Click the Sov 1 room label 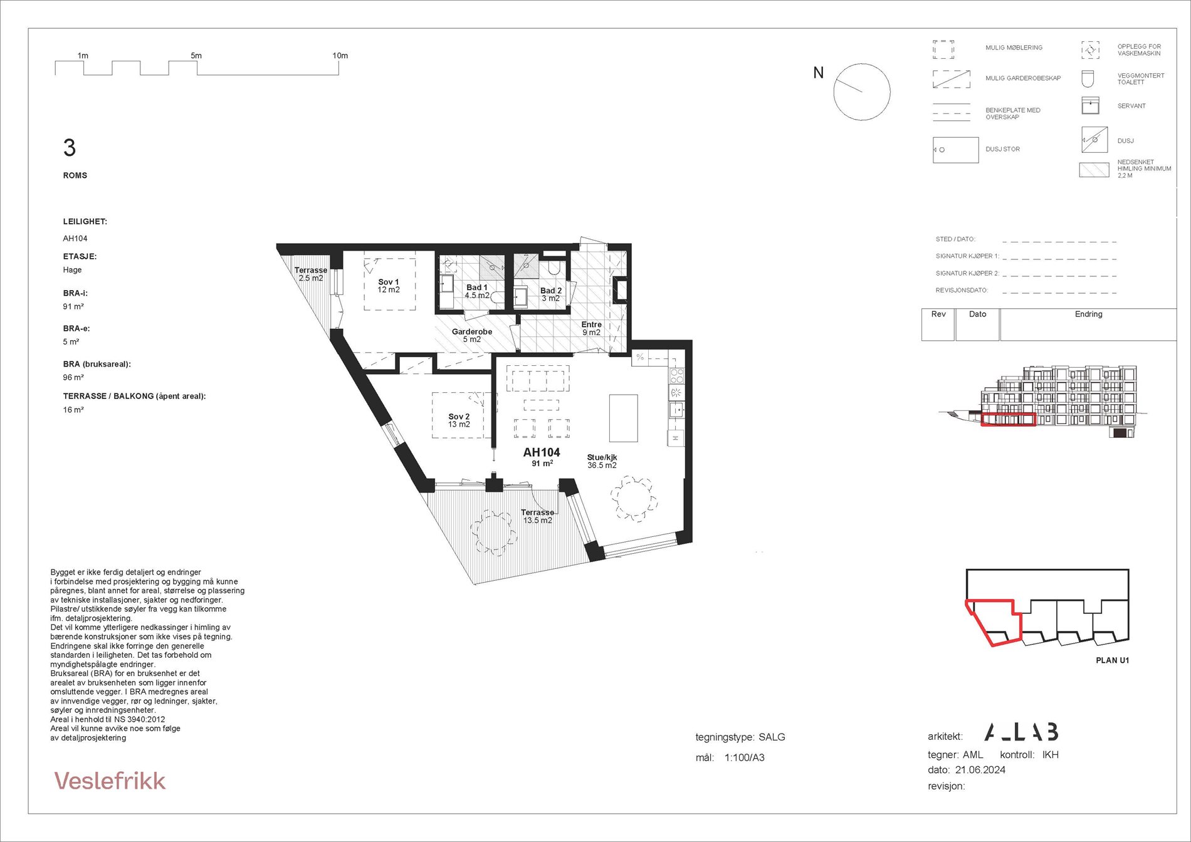point(389,286)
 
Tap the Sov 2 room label point(459,420)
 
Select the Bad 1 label point(477,291)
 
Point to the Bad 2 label point(551,294)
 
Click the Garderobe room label point(472,336)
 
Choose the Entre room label point(592,328)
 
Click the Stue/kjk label point(602,461)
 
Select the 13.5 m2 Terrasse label point(538,516)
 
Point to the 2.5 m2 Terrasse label point(311,274)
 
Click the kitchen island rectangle point(623,418)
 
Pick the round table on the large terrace point(495,533)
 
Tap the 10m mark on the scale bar point(340,56)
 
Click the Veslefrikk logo point(110,781)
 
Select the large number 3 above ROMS point(69,148)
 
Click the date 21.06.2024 point(980,770)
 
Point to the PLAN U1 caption point(1112,660)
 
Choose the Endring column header point(1088,314)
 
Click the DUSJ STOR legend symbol point(955,150)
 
